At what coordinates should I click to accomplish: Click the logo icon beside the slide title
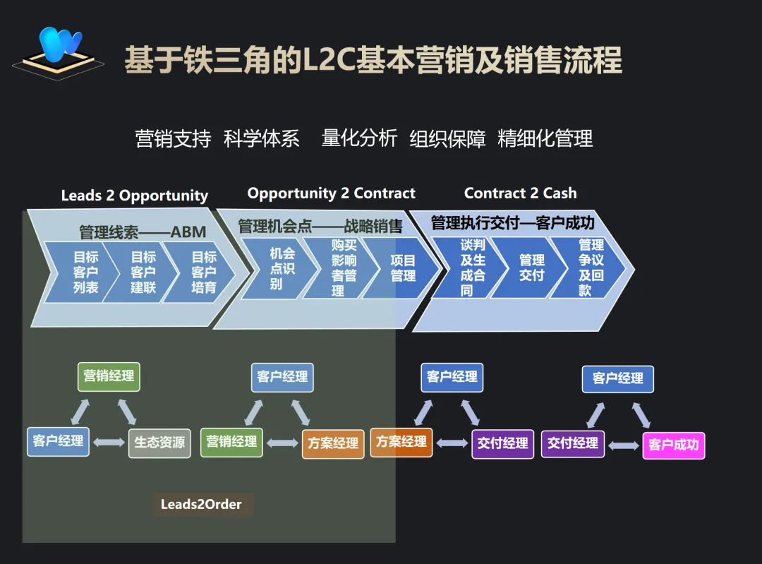(58, 52)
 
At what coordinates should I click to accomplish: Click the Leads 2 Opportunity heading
(134, 196)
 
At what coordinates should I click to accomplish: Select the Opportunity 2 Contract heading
(331, 193)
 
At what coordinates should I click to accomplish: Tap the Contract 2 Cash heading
(520, 193)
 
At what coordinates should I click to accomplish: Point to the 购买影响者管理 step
(341, 268)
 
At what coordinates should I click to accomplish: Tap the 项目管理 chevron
(403, 268)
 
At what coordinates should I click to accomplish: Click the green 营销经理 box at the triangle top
(109, 376)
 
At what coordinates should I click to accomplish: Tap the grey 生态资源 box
(159, 443)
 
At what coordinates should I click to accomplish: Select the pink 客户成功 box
(673, 445)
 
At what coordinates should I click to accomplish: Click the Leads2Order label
(202, 504)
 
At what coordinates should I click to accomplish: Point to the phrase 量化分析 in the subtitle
(359, 138)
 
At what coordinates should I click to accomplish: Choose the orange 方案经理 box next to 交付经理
(401, 442)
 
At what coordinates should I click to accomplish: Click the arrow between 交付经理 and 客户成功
(624, 445)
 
